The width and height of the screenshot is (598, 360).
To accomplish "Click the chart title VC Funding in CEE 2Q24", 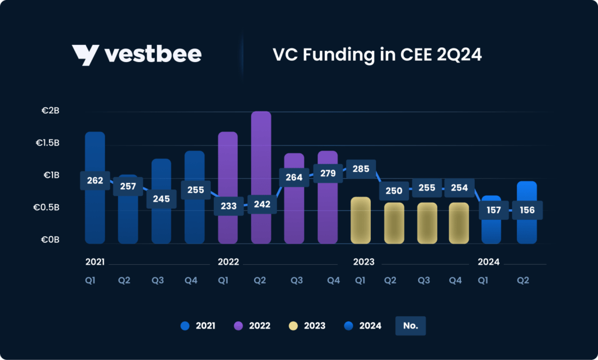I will (x=377, y=55).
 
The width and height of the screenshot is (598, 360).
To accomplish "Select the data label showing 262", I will (x=95, y=181).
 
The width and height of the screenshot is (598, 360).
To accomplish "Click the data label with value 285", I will (x=361, y=169).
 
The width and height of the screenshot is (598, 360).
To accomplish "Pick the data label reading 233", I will (x=228, y=206).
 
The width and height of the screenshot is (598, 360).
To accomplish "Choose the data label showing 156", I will (x=527, y=210).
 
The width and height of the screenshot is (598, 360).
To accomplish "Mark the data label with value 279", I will (x=328, y=174).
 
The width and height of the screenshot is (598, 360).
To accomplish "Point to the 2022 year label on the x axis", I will (x=228, y=262).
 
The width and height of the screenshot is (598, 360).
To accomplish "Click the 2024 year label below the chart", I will (x=489, y=262).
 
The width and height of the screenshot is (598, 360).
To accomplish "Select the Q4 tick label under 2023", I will (x=456, y=281).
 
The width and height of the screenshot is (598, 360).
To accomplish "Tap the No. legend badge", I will (x=411, y=326).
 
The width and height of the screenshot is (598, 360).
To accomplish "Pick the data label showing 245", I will (x=161, y=199).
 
